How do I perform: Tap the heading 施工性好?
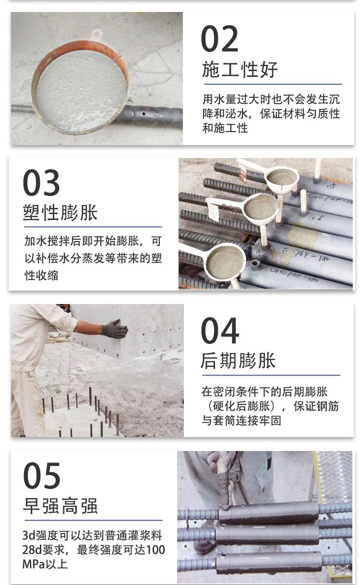[240, 70]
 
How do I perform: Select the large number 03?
[41, 183]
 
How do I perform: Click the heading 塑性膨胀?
[60, 212]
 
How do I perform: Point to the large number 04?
[220, 330]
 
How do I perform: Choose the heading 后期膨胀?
[238, 361]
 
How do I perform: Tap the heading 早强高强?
[60, 506]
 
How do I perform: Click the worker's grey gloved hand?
[114, 329]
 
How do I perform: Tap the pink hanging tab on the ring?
[96, 34]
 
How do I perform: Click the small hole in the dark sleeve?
[144, 114]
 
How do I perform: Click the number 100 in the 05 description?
[155, 550]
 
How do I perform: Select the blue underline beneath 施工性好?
[273, 84]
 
